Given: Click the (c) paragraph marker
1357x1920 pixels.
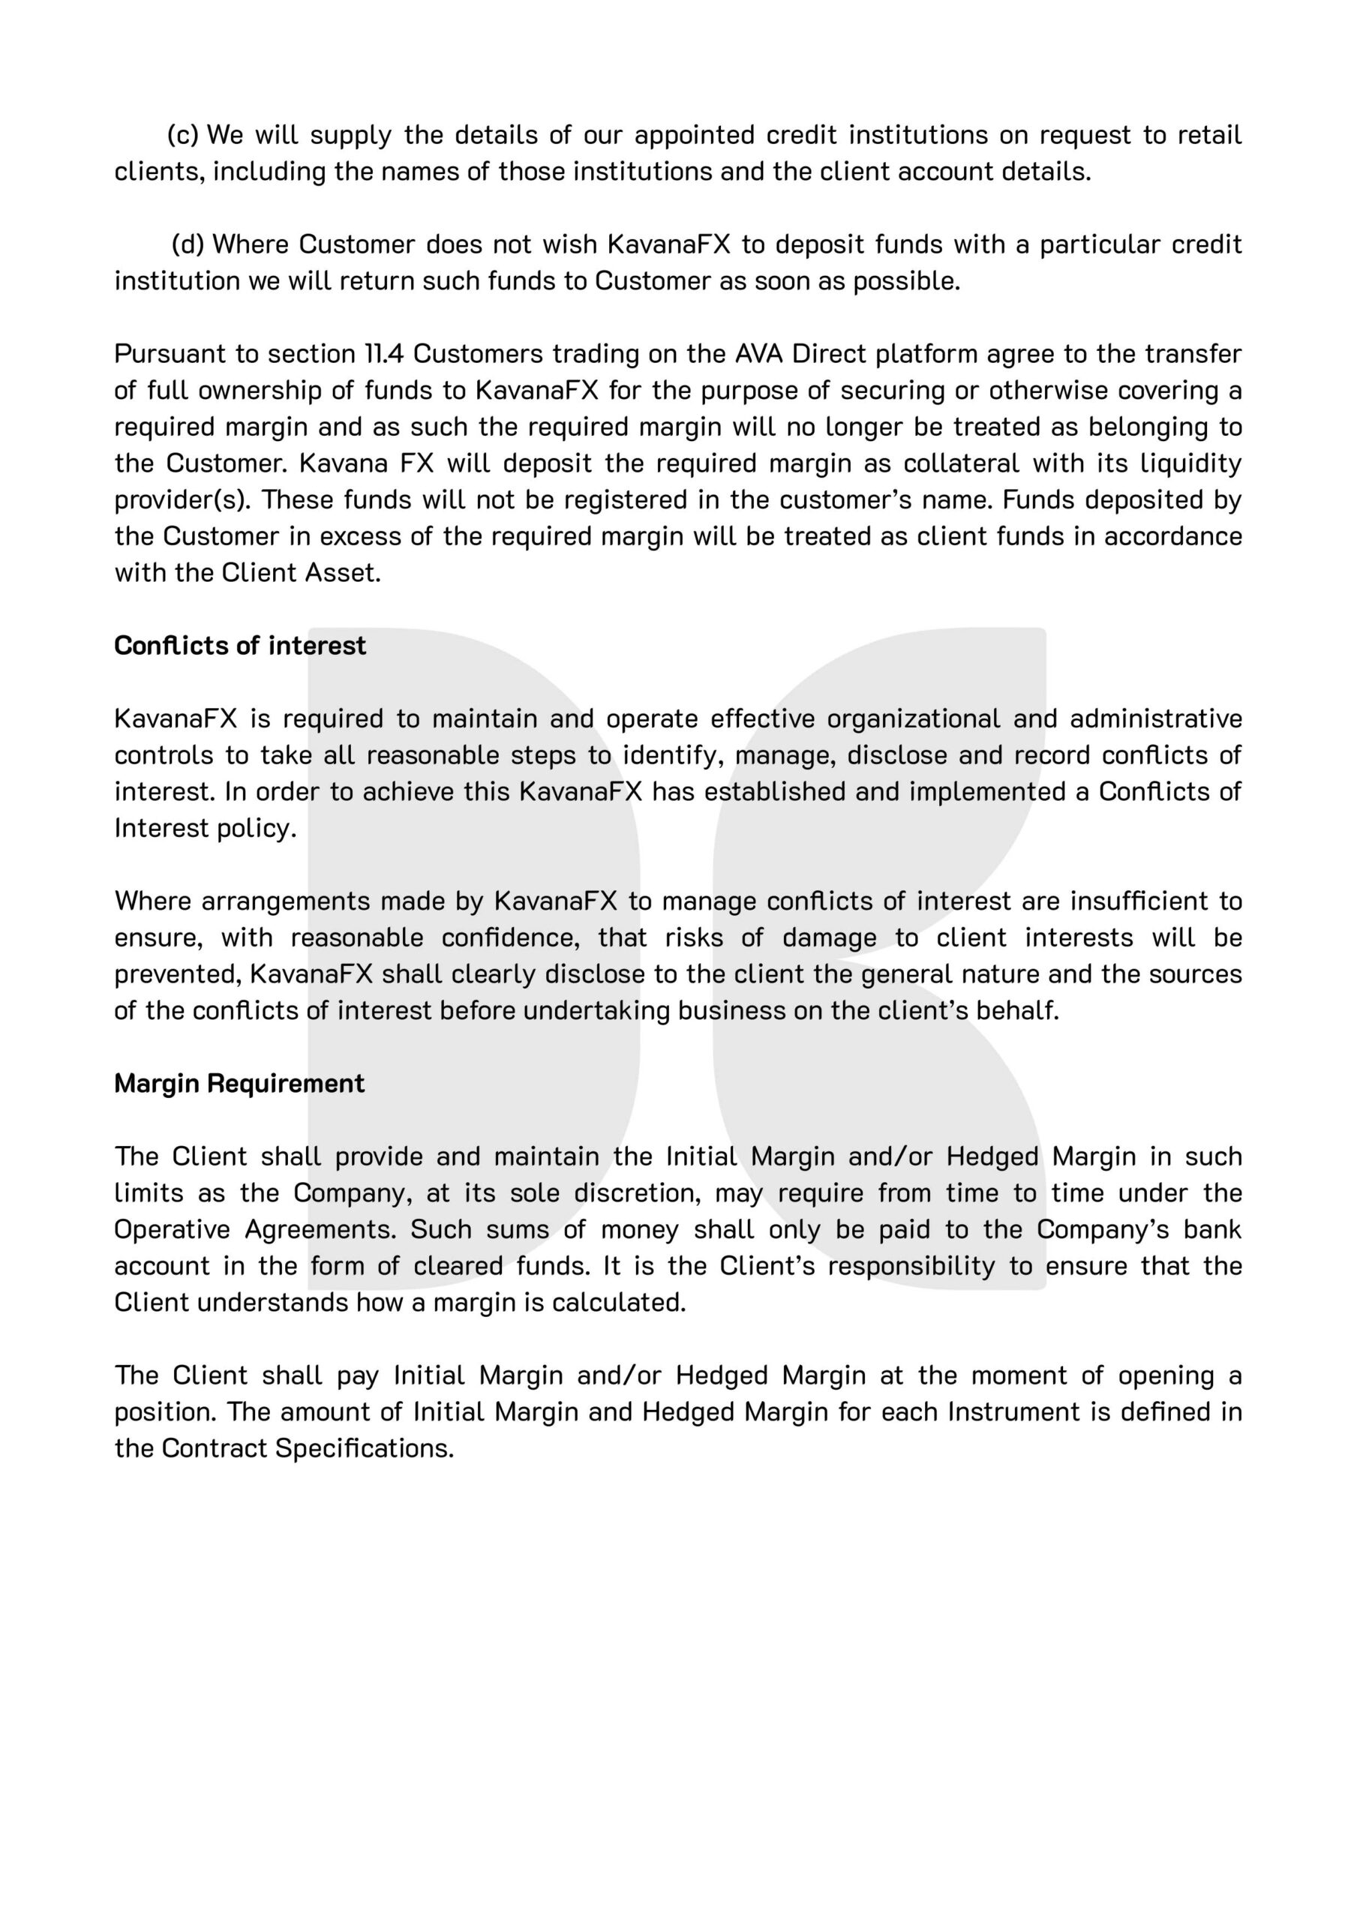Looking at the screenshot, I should pos(183,135).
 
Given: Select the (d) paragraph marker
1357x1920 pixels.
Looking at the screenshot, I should pos(188,244).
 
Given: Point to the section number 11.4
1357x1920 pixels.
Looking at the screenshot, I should pos(384,354).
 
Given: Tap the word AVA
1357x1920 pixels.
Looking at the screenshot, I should pos(759,354).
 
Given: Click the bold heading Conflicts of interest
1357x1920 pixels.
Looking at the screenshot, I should pos(240,646).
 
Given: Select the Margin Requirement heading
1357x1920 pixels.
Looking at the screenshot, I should pos(239,1083).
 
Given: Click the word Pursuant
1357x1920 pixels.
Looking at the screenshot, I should pos(169,354).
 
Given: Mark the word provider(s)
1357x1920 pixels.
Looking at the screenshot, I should pos(182,499).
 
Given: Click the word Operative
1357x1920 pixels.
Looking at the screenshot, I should pos(172,1229).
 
